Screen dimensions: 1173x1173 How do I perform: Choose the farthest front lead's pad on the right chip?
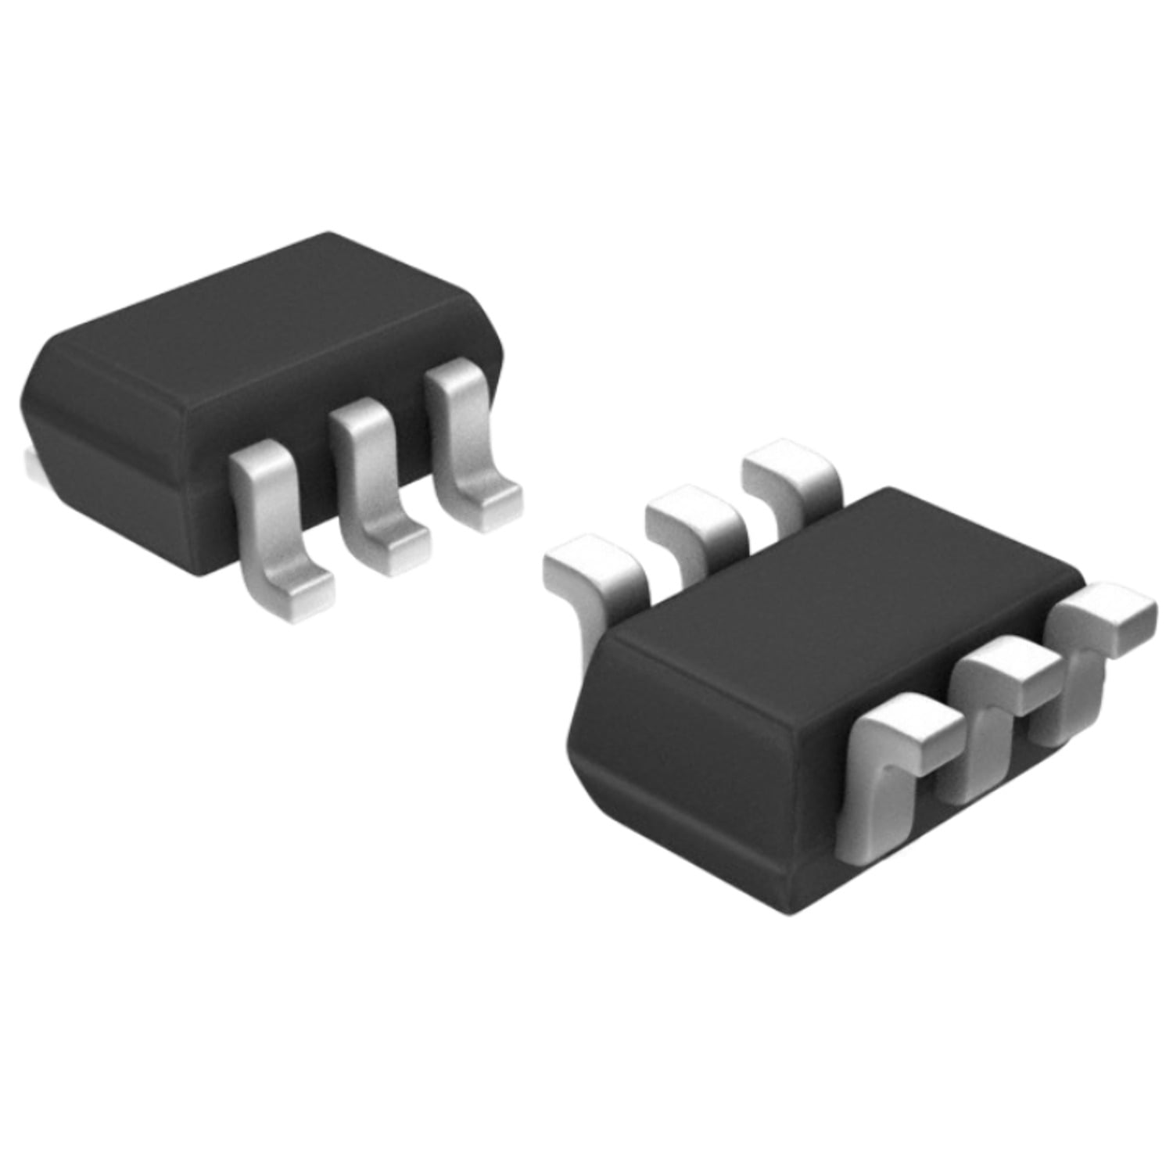[x=1103, y=618]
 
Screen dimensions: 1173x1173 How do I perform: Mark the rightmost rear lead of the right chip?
[x=790, y=469]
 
